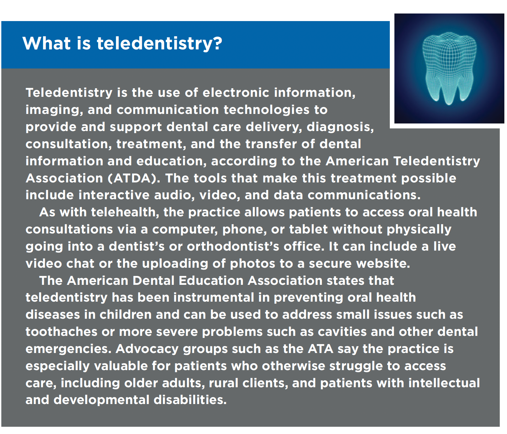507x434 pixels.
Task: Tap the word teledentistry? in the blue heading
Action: [x=159, y=44]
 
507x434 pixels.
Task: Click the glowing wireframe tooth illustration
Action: [x=449, y=68]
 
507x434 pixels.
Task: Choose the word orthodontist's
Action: [x=233, y=246]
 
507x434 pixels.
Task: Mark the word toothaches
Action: [x=62, y=332]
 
